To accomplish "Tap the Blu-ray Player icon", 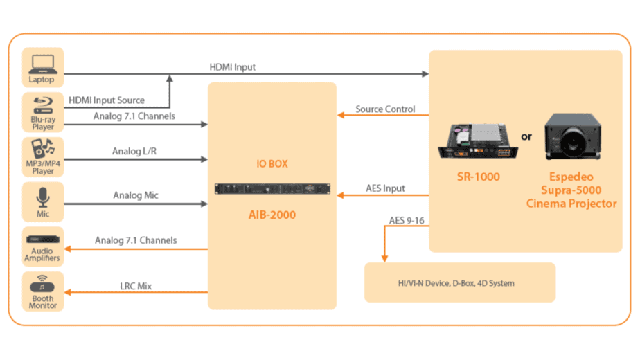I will (42, 105).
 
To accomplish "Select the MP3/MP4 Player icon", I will (42, 149).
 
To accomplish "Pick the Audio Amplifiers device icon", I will (42, 240).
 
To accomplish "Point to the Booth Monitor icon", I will (42, 284).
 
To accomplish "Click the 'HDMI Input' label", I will (233, 67).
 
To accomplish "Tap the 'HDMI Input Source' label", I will (107, 101).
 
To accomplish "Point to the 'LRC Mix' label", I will (135, 285).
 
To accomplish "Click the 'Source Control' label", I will (385, 109).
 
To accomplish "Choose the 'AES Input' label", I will (385, 188).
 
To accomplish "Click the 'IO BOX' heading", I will (272, 164).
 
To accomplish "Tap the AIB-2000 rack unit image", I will (272, 189).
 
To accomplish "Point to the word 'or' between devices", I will (526, 136).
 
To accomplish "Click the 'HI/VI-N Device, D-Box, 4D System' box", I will (460, 282).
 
